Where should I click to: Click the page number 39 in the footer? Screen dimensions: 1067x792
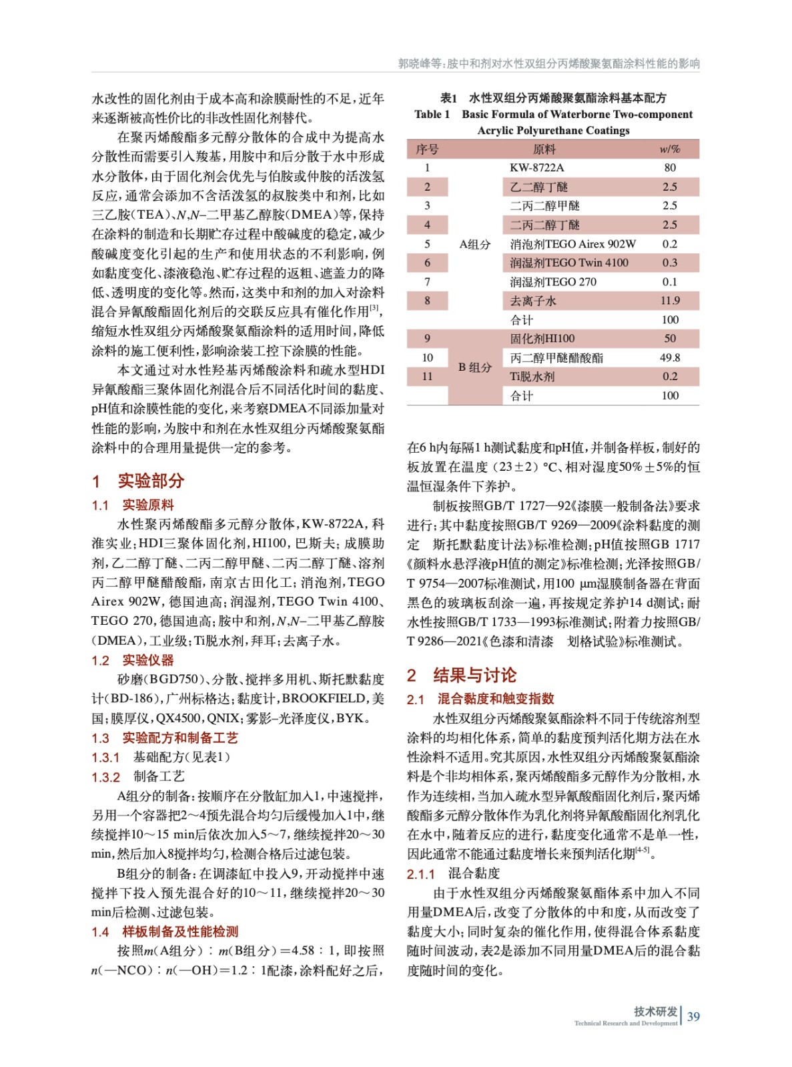(x=693, y=1016)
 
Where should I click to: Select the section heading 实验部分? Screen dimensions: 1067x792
(x=151, y=481)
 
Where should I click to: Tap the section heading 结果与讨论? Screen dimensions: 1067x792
(x=474, y=676)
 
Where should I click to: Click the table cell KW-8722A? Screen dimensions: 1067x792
(x=536, y=168)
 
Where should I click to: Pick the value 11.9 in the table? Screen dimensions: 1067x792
(x=670, y=301)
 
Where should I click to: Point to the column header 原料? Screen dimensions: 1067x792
(x=544, y=149)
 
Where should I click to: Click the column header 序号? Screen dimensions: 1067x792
(x=427, y=149)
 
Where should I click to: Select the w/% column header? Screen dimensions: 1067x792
(x=670, y=149)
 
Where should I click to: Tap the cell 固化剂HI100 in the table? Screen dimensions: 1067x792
(x=542, y=339)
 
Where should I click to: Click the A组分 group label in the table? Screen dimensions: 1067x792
(x=474, y=244)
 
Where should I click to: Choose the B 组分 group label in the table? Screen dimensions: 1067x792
(x=474, y=367)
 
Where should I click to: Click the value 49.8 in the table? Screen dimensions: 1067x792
(x=670, y=358)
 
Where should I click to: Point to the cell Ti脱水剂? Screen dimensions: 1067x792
(x=532, y=377)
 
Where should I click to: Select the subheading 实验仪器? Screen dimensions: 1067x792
(x=147, y=660)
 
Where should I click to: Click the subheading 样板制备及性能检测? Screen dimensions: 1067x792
(x=180, y=932)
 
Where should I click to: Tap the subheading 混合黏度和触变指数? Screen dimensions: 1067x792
(x=496, y=699)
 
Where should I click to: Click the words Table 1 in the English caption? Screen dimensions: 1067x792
(x=432, y=115)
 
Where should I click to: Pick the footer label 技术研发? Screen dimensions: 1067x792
(x=655, y=1011)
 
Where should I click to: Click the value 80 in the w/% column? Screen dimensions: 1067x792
(x=670, y=168)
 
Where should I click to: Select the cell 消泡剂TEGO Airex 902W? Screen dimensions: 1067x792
(x=572, y=244)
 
